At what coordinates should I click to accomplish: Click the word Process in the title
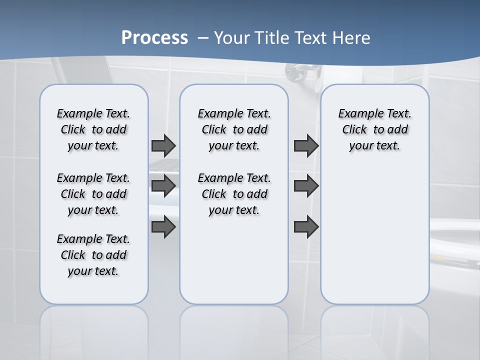[154, 37]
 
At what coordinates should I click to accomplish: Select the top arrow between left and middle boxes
[163, 145]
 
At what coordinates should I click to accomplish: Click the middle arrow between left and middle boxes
[163, 186]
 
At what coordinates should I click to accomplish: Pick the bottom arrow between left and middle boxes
[163, 227]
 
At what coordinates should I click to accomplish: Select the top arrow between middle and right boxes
[306, 145]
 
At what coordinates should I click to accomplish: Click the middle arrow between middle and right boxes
[306, 186]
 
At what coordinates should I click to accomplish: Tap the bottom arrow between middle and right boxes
[306, 227]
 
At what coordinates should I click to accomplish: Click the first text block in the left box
[93, 129]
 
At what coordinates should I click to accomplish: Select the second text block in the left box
[93, 194]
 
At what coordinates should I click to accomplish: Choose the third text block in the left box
[93, 255]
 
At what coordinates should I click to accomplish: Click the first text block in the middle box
[234, 129]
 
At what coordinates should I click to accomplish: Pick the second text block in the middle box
[234, 194]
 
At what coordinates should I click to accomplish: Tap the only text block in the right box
[374, 129]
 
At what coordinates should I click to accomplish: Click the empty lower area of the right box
[374, 240]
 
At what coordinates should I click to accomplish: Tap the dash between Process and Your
[202, 38]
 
